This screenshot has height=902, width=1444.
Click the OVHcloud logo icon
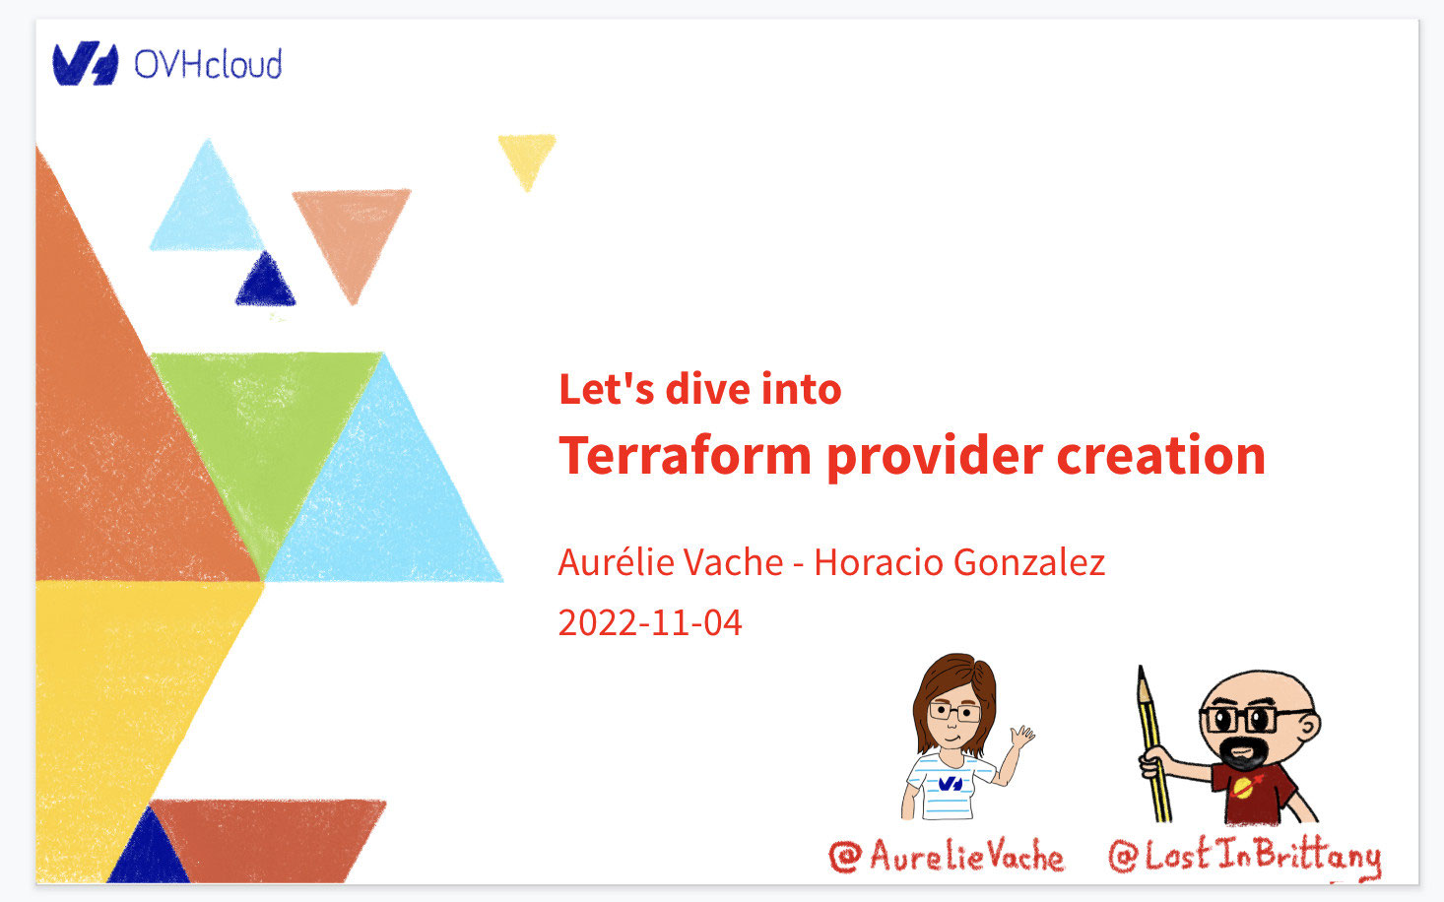pos(85,63)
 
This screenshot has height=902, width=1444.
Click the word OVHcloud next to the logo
pos(208,64)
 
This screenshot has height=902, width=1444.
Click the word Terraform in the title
pos(685,455)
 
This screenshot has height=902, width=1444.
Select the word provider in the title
pos(935,456)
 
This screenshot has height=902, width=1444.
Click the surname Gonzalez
pos(1029,562)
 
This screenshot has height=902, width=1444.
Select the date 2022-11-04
pos(650,622)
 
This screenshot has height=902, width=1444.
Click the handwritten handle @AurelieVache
pos(947,856)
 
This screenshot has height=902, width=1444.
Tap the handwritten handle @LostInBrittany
pos(1244,857)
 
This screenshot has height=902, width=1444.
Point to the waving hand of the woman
pos(1021,737)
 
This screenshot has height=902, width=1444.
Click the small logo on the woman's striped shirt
pos(951,784)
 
